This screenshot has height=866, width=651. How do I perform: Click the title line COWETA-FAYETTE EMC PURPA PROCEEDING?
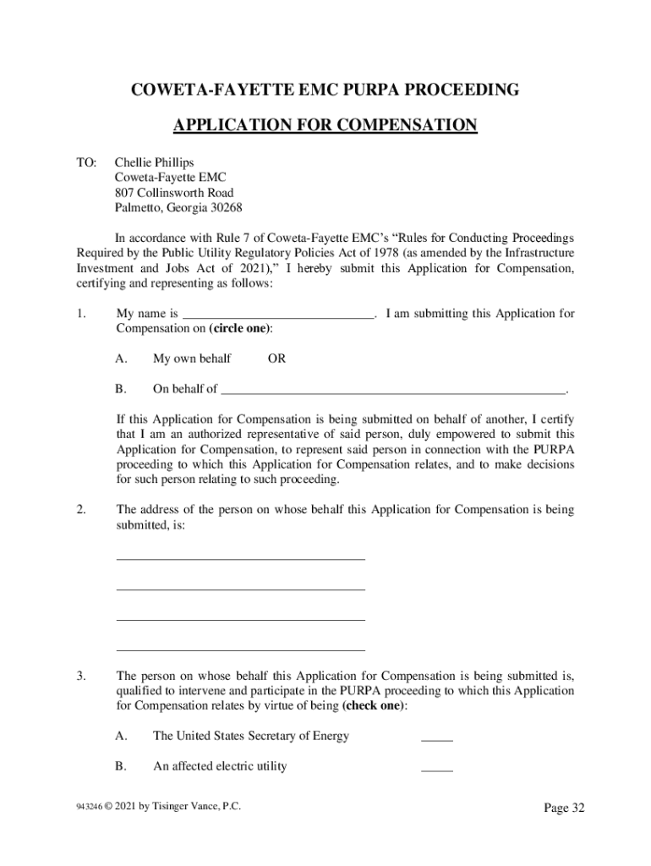coord(325,90)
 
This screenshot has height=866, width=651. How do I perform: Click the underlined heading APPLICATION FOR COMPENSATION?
coord(325,126)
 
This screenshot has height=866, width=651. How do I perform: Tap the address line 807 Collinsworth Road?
coord(174,193)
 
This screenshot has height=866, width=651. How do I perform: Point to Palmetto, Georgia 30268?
coord(178,208)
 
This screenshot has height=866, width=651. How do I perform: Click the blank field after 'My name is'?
coord(277,315)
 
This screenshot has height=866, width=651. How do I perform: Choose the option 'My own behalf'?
coord(192,359)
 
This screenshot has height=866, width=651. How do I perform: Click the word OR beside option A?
coord(276,359)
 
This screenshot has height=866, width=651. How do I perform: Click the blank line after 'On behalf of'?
coord(392,390)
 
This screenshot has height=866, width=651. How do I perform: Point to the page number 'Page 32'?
coord(564,808)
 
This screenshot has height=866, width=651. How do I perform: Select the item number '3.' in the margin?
coord(81,676)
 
